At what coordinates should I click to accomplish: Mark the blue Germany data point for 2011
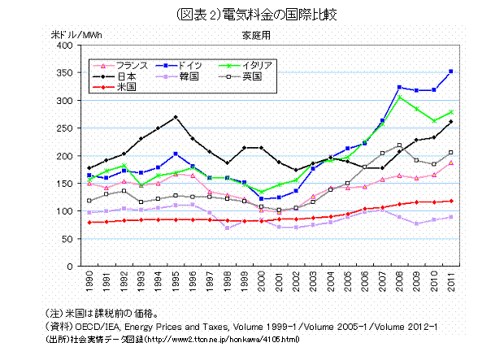point(450,72)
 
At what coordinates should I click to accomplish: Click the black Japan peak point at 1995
point(176,117)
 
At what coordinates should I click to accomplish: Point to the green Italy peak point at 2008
point(398,98)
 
